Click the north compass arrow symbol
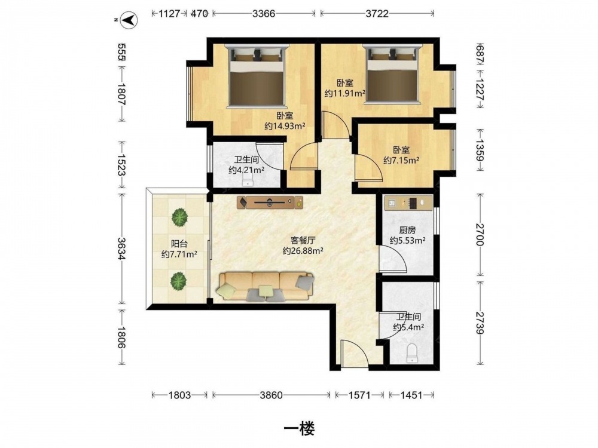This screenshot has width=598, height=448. [129, 20]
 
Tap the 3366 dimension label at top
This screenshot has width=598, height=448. [264, 14]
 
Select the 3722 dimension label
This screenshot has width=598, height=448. [377, 14]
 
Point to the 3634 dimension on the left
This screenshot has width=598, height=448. [122, 248]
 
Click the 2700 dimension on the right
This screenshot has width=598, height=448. [480, 235]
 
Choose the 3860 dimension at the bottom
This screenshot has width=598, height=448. [271, 395]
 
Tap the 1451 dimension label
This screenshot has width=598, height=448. [411, 395]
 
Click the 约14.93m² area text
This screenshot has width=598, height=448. [285, 125]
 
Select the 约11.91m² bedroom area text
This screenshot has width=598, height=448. [345, 93]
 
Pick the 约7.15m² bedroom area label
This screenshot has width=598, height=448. [401, 160]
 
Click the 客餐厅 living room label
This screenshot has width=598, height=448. [303, 240]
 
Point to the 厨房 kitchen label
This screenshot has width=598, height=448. [407, 230]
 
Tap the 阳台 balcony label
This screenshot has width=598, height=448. [179, 244]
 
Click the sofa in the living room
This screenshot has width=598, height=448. [266, 287]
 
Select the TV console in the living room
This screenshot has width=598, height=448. [270, 202]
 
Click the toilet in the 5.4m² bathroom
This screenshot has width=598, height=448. [412, 353]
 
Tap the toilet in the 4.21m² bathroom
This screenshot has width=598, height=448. [248, 181]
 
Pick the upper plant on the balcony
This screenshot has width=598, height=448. [179, 217]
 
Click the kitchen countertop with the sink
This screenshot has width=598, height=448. [408, 202]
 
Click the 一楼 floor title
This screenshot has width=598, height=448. [300, 429]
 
